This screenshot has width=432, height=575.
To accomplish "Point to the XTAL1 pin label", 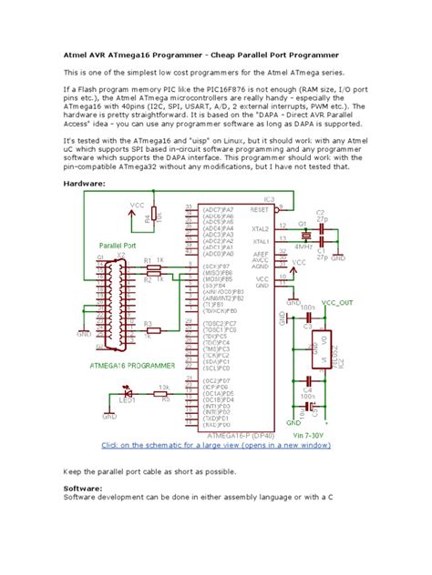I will [x=261, y=241].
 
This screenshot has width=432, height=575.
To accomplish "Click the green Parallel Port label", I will [x=117, y=246].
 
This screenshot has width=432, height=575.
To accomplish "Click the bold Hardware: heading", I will [x=84, y=183].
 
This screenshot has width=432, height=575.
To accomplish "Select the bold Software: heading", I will [x=83, y=487].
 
